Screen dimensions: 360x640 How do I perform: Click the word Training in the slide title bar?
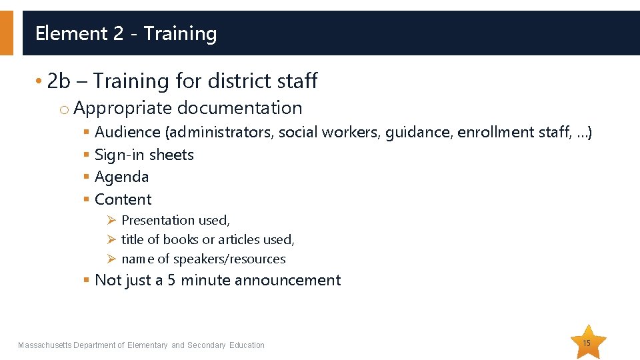click(180, 33)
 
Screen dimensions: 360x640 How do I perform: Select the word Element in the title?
click(71, 33)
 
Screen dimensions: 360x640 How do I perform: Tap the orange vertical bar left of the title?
click(6, 32)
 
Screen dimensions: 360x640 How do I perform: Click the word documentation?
click(240, 108)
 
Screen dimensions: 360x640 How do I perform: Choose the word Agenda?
click(122, 177)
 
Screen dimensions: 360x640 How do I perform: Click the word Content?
click(123, 199)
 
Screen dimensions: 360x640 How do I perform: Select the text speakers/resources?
click(229, 259)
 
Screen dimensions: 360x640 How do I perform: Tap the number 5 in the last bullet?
click(171, 280)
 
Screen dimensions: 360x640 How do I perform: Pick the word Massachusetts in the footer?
click(44, 345)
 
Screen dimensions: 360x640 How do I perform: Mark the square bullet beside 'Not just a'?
click(86, 280)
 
